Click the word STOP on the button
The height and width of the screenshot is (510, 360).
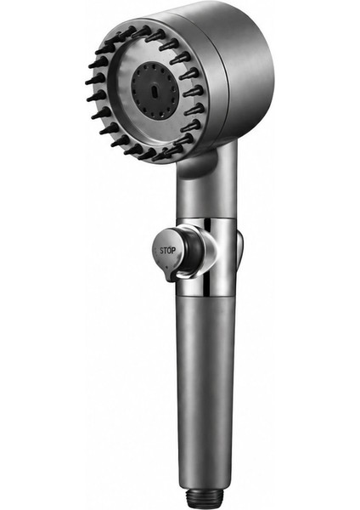coord(167,251)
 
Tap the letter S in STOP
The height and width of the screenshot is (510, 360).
coord(161,251)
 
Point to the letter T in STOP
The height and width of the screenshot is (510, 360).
coord(166,251)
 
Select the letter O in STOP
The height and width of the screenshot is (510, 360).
coord(170,251)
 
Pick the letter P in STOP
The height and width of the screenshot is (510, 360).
coord(174,251)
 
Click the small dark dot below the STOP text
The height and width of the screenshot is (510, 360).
coord(166,268)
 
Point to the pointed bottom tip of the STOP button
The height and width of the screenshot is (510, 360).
coord(169,280)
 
